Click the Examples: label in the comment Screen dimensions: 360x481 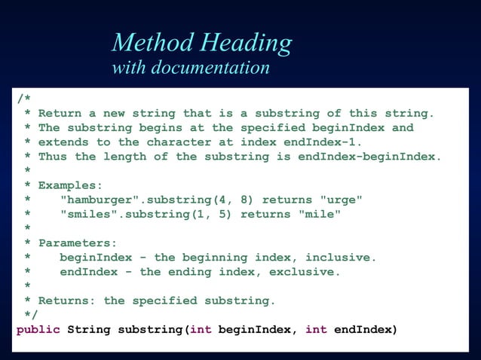(x=70, y=185)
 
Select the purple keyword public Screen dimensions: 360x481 (x=38, y=330)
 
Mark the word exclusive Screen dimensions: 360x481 (x=305, y=272)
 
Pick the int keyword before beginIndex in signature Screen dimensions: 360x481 (x=200, y=330)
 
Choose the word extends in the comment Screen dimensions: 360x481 (x=63, y=142)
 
